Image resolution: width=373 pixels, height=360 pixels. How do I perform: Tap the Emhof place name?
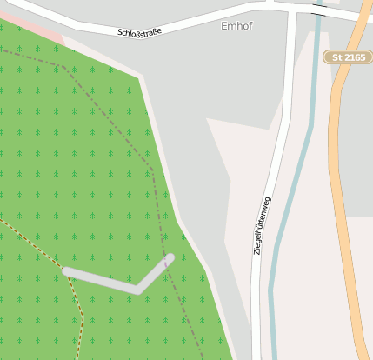pyautogui.click(x=236, y=26)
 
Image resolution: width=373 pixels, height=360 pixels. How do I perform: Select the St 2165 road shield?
pyautogui.click(x=348, y=57)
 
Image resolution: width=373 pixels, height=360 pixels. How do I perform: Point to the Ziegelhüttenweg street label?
pyautogui.click(x=261, y=225)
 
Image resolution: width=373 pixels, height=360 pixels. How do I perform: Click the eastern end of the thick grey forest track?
pyautogui.click(x=170, y=258)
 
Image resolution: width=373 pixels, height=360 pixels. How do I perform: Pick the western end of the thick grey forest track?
pyautogui.click(x=67, y=272)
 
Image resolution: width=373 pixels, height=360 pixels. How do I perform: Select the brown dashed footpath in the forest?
pyautogui.click(x=52, y=261)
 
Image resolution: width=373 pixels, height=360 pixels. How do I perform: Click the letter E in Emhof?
pyautogui.click(x=224, y=26)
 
